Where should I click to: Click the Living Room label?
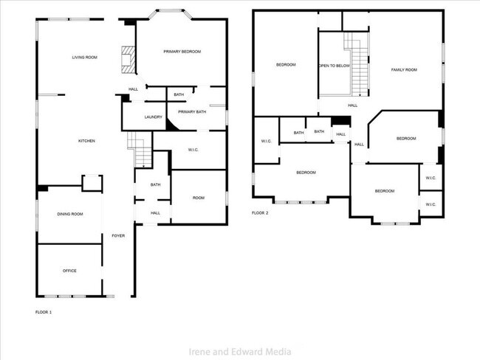coord(85,57)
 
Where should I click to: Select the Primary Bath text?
coord(191,111)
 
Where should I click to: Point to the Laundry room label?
coord(154,117)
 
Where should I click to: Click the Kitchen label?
coord(87,140)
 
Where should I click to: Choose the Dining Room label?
coord(70,214)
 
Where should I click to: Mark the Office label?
coord(69,271)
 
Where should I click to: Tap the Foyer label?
coord(118,235)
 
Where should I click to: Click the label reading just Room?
coord(199,197)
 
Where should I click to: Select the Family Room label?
coord(404,69)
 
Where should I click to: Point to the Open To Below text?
coord(334,66)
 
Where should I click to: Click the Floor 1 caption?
coord(44,312)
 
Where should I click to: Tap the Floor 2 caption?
coord(260,212)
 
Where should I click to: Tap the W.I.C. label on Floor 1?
coord(193,150)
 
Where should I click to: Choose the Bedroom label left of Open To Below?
coord(286,65)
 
